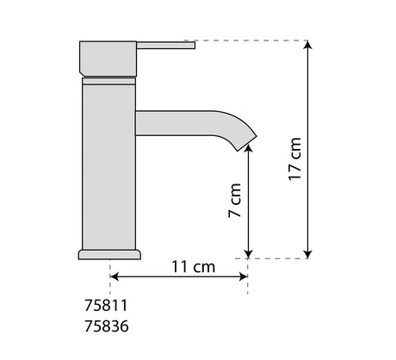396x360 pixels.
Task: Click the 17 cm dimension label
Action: tap(294, 158)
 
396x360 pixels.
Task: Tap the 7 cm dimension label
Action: tap(234, 201)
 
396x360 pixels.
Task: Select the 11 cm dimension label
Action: tap(193, 267)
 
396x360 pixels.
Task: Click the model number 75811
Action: tap(106, 306)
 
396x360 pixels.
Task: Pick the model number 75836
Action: tap(107, 326)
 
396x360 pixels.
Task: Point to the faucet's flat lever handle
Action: tap(166, 46)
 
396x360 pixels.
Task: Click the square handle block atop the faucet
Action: tap(108, 59)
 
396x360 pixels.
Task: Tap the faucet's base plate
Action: tap(109, 255)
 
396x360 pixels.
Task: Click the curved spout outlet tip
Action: tap(247, 142)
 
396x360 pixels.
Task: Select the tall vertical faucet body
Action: tap(109, 167)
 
